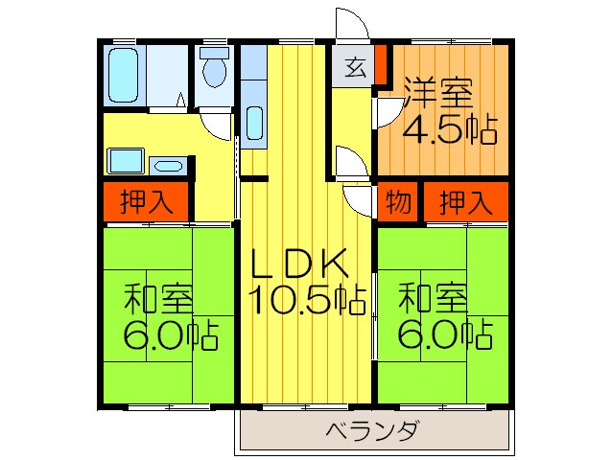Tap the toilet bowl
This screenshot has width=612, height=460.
(214, 69)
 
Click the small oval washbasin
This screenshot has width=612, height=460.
(168, 165)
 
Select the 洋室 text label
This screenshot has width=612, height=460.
(437, 95)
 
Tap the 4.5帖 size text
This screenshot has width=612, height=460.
(448, 128)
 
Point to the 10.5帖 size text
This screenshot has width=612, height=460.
(308, 300)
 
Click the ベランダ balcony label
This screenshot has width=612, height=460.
(373, 430)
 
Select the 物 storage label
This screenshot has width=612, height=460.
(398, 202)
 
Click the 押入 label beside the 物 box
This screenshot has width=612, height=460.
(465, 202)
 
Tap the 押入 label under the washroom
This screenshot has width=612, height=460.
(147, 202)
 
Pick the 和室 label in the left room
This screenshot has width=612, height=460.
(159, 299)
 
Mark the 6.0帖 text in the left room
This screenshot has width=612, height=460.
(169, 335)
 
